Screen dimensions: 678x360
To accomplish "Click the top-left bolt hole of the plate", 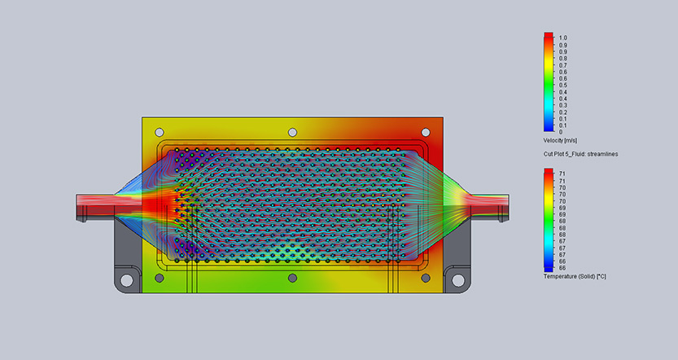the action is pyautogui.click(x=160, y=132).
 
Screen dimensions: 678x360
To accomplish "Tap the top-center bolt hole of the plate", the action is pyautogui.click(x=292, y=132).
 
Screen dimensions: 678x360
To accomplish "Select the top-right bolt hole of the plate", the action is pyautogui.click(x=426, y=132).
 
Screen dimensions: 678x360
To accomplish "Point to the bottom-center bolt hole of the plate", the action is pyautogui.click(x=292, y=278).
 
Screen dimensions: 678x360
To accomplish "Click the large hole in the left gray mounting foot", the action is pyautogui.click(x=127, y=280).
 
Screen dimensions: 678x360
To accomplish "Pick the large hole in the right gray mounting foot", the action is pyautogui.click(x=458, y=280).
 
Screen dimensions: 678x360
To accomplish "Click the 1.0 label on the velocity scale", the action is pyautogui.click(x=562, y=38).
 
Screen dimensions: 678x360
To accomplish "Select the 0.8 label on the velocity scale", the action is pyautogui.click(x=562, y=59).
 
